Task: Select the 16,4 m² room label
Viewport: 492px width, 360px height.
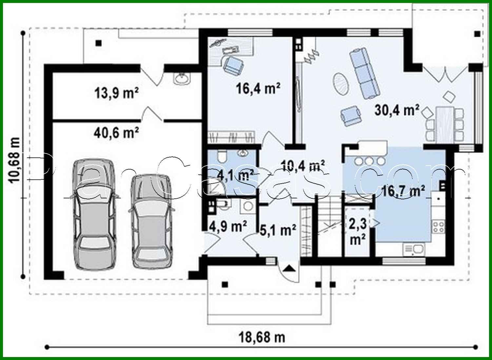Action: point(258,88)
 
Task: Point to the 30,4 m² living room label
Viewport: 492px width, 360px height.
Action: point(397,110)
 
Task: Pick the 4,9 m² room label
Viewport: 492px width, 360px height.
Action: point(228,227)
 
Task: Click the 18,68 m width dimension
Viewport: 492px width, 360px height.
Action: point(262,337)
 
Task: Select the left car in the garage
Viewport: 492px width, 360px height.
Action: point(94,215)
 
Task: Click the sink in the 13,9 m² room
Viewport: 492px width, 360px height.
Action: point(181,79)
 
